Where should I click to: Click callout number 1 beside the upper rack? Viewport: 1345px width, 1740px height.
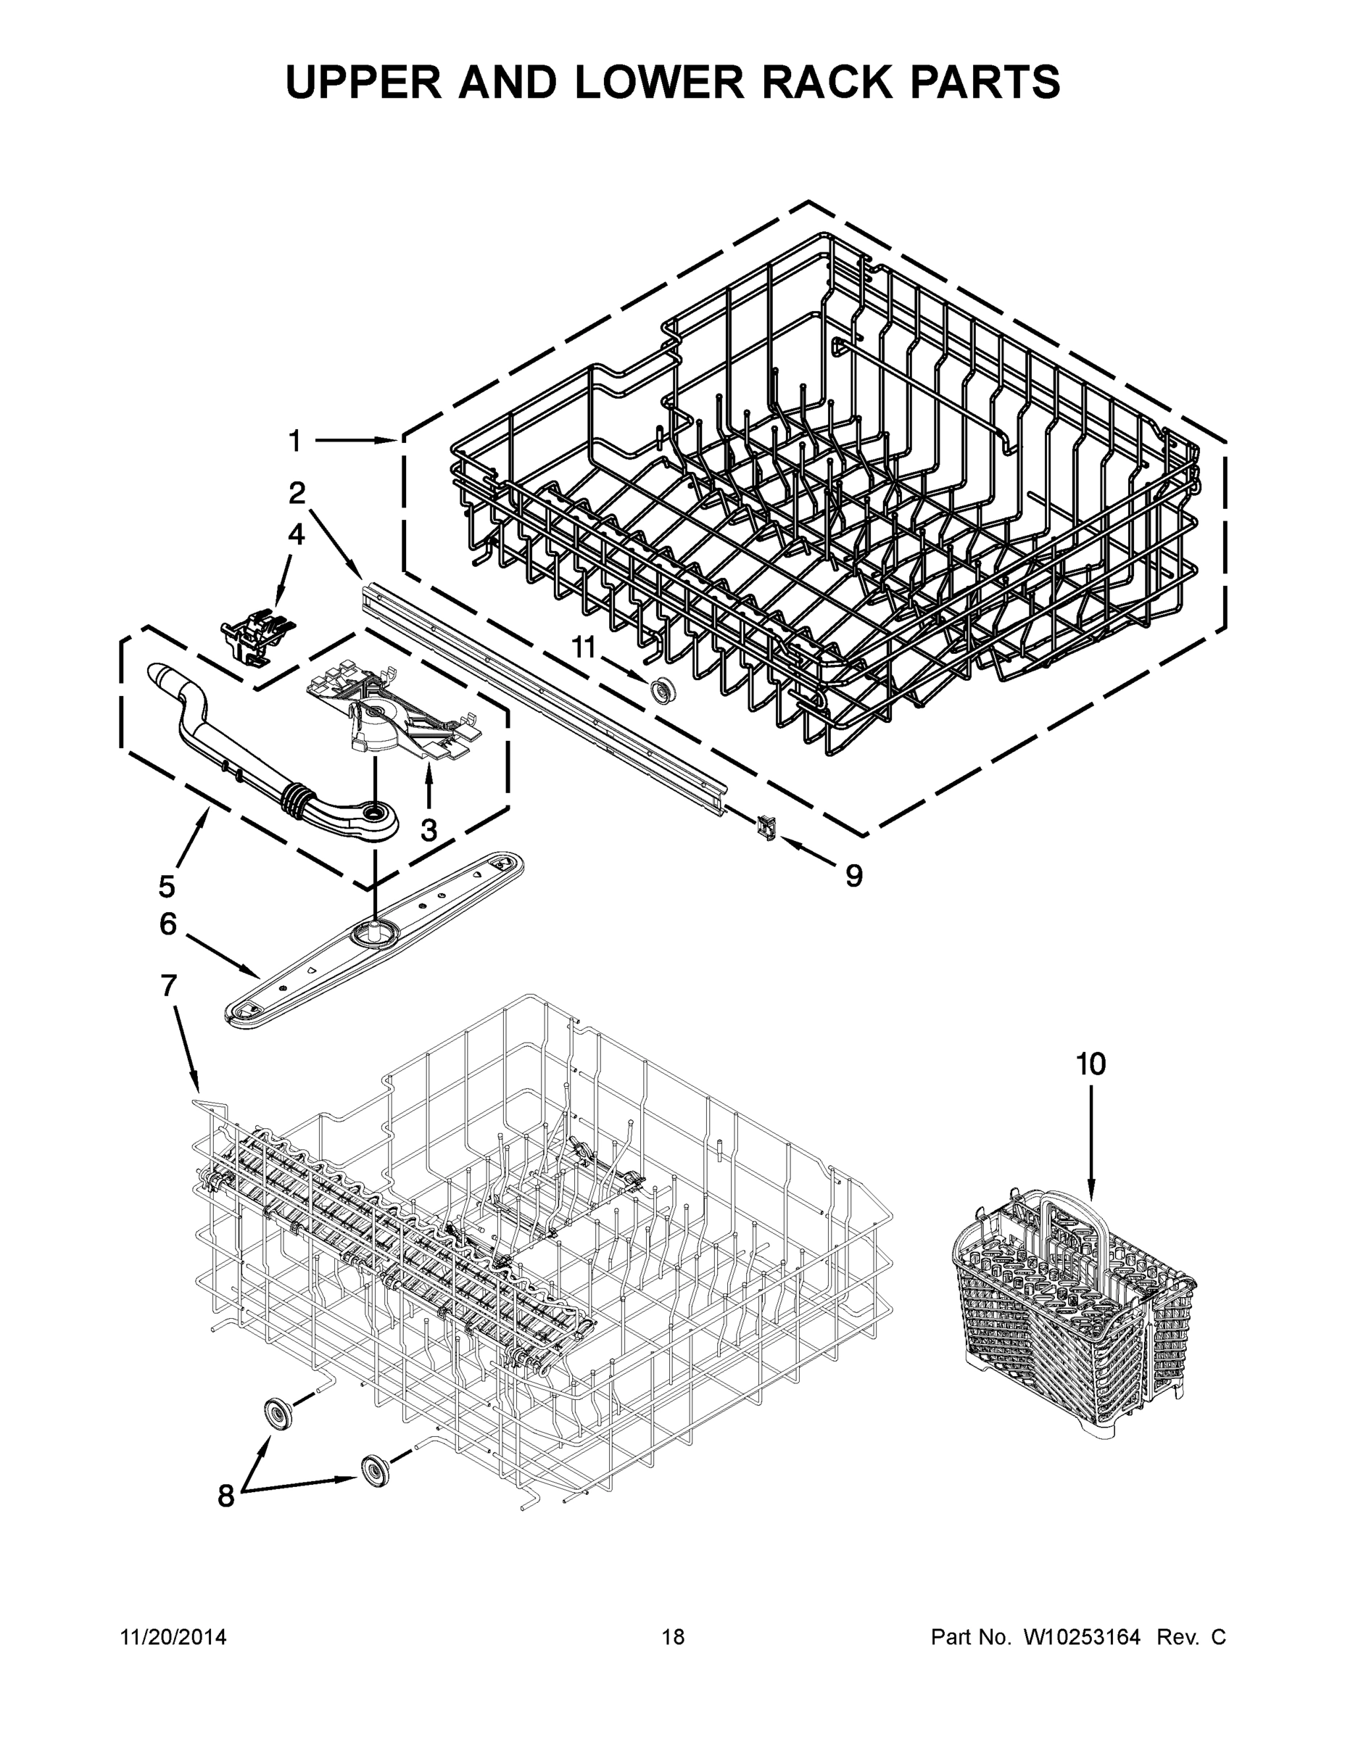[x=295, y=441]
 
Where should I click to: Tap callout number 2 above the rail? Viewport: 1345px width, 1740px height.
[x=297, y=493]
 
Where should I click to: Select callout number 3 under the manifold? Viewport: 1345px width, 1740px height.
[x=429, y=830]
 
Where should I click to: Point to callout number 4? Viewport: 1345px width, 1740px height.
[x=296, y=534]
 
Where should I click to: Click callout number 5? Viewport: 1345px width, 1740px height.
[x=167, y=885]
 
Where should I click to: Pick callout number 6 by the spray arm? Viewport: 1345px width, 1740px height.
[x=167, y=924]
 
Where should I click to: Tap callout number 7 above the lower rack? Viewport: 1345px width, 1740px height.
[x=168, y=986]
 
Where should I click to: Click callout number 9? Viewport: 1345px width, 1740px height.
[x=853, y=877]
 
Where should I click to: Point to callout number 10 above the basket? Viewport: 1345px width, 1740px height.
[x=1091, y=1064]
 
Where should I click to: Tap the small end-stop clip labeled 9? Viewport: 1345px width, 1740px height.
[x=768, y=829]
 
